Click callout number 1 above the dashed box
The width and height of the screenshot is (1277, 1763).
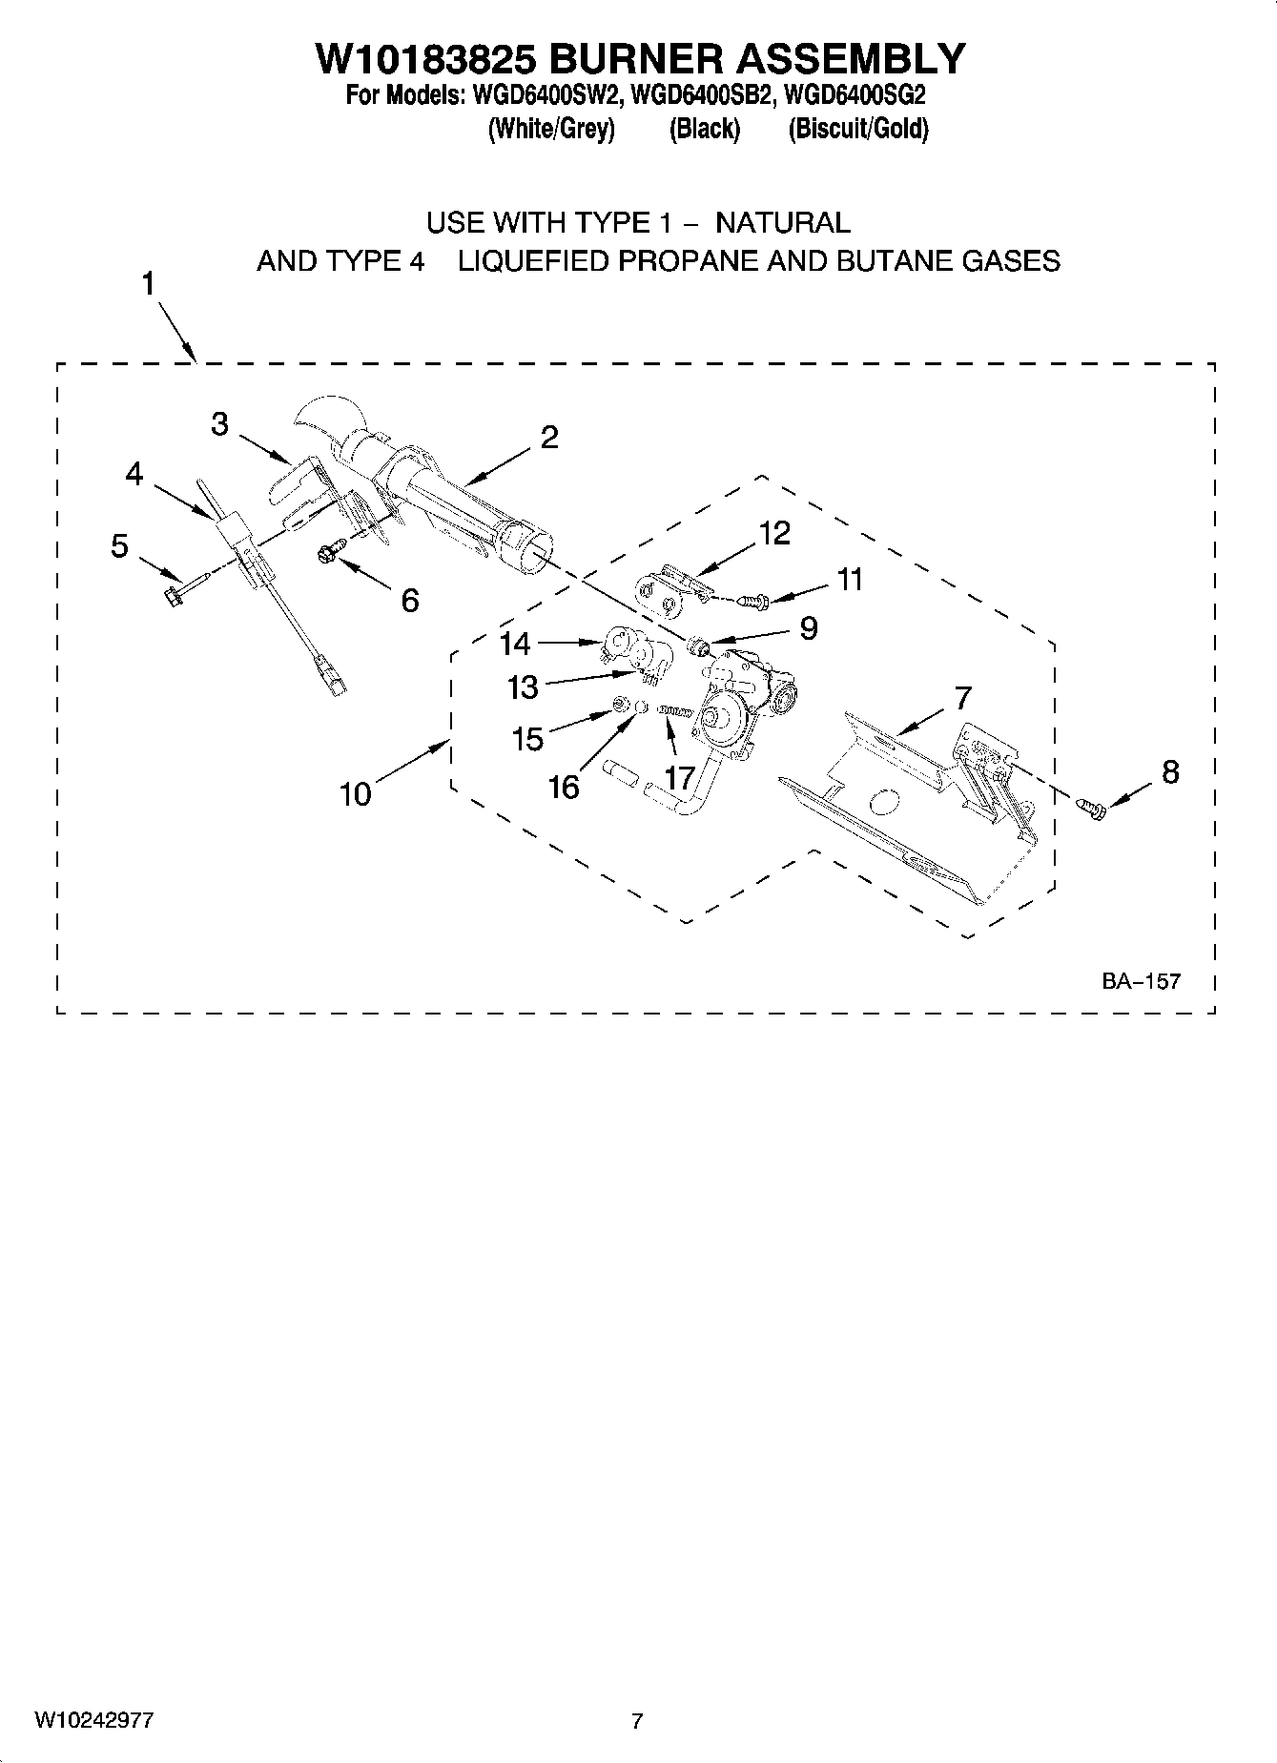(149, 284)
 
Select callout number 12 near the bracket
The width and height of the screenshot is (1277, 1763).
(774, 533)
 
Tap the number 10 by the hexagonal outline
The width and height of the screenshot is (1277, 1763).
(356, 793)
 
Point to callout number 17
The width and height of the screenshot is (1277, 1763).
(679, 778)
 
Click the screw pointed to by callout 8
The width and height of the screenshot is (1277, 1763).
(1092, 808)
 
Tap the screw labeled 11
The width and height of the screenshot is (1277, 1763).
(758, 601)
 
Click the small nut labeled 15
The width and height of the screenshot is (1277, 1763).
(618, 705)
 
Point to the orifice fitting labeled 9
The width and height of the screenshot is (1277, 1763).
(700, 648)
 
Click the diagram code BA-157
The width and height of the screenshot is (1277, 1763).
(1141, 980)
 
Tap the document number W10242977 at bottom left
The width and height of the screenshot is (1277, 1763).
(94, 1720)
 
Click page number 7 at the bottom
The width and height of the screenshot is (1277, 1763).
(637, 1721)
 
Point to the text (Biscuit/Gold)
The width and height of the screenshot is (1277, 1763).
(857, 129)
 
